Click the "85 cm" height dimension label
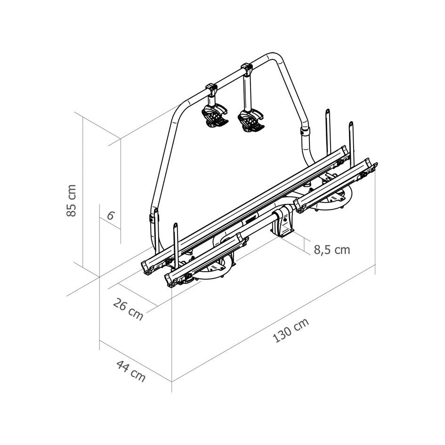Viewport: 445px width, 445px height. pos(71,200)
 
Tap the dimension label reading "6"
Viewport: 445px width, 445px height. pos(110,216)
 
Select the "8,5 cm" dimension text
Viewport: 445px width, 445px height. pos(332,250)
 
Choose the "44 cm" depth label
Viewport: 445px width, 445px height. pos(130,371)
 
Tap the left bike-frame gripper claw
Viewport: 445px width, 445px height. pos(214,116)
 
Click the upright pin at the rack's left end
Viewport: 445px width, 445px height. pos(176,240)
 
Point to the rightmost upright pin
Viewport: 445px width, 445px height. pos(351,137)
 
